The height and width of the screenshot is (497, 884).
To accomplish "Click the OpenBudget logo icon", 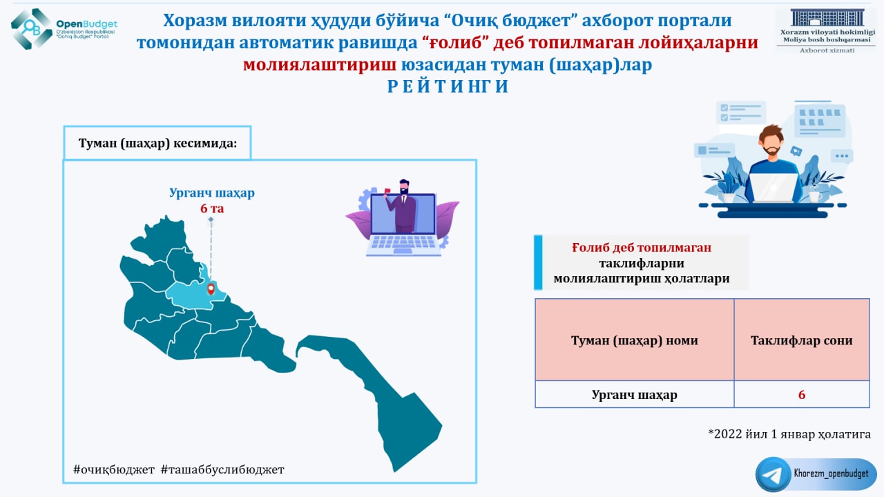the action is pyautogui.click(x=32, y=29).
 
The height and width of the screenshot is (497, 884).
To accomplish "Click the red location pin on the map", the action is pyautogui.click(x=211, y=289).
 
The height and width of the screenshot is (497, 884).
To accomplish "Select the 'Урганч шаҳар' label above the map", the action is pyautogui.click(x=212, y=193).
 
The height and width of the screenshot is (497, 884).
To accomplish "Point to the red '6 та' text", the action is pyautogui.click(x=212, y=208).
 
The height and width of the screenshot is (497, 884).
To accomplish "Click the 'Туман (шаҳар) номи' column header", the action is pyautogui.click(x=634, y=340).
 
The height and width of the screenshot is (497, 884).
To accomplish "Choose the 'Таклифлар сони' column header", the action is pyautogui.click(x=802, y=340).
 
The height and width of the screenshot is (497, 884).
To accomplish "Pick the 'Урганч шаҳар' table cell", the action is pyautogui.click(x=634, y=394).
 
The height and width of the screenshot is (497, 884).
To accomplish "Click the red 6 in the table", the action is pyautogui.click(x=802, y=394).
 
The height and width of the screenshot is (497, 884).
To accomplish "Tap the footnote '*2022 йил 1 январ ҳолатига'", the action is pyautogui.click(x=789, y=434).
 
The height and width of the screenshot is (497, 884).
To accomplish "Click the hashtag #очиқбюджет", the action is pyautogui.click(x=114, y=469).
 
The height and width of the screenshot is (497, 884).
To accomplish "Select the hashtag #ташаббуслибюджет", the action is pyautogui.click(x=222, y=469).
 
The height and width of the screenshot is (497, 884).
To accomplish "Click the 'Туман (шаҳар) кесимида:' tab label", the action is pyautogui.click(x=157, y=143).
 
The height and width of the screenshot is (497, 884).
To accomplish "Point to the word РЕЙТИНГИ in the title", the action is pyautogui.click(x=448, y=86).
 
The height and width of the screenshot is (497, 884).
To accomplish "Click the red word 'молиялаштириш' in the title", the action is pyautogui.click(x=320, y=64).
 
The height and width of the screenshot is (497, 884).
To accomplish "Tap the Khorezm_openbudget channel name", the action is pyautogui.click(x=831, y=474).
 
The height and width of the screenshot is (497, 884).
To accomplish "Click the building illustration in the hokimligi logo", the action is pyautogui.click(x=827, y=18).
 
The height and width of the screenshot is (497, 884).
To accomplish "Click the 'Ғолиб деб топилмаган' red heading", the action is pyautogui.click(x=642, y=247).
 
